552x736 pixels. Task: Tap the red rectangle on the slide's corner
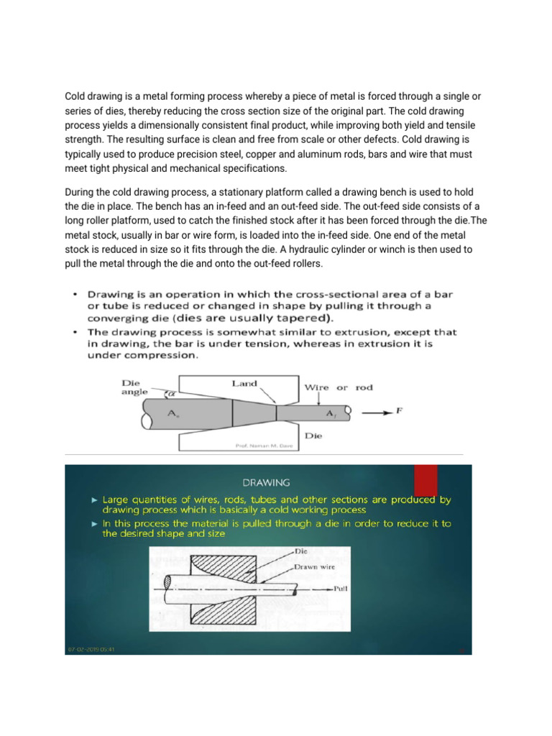coord(425,480)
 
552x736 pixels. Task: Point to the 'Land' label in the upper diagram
coord(244,384)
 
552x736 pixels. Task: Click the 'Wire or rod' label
coord(339,387)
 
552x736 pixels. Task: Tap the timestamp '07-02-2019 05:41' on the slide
coord(91,649)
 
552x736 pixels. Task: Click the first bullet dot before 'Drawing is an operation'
coord(76,295)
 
